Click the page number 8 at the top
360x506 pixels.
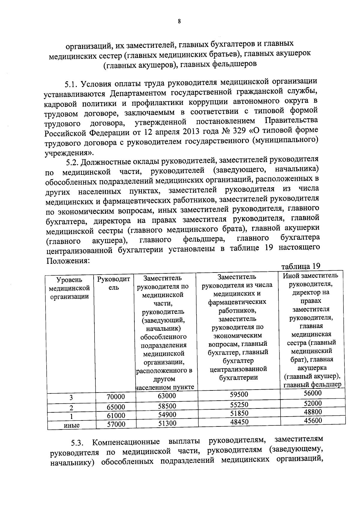point(179,21)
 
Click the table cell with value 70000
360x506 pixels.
point(115,397)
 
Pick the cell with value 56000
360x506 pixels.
point(313,393)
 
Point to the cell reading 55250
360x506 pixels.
point(239,405)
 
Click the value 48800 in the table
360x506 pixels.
point(313,412)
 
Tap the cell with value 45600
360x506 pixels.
point(313,420)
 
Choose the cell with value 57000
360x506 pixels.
point(115,424)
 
